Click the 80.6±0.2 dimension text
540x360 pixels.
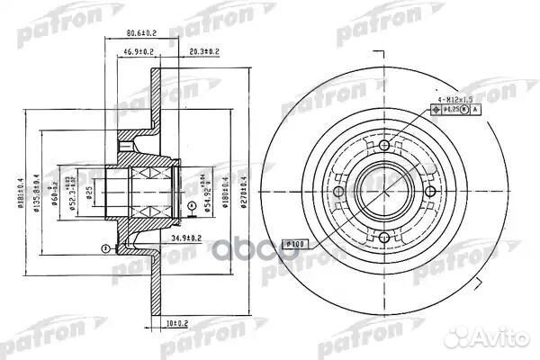(x=133, y=38)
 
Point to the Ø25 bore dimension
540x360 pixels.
(x=87, y=190)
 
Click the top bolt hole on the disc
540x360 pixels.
(x=384, y=146)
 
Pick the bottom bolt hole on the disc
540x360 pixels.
(x=384, y=238)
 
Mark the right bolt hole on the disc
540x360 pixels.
(x=430, y=192)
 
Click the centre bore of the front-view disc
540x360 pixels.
(x=384, y=192)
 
